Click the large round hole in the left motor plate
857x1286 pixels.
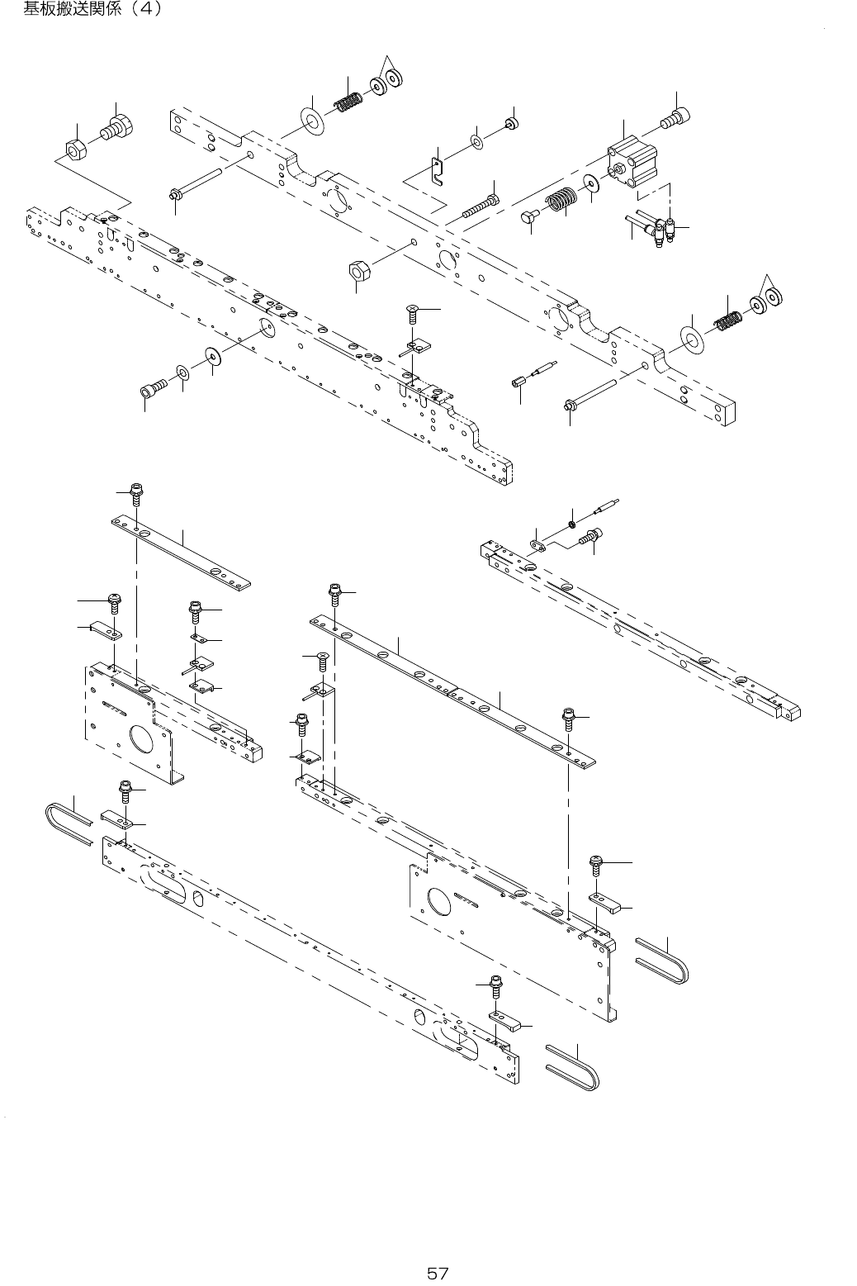135,738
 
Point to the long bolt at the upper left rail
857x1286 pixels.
198,184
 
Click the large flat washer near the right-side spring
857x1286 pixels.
692,337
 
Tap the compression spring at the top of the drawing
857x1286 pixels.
350,104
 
